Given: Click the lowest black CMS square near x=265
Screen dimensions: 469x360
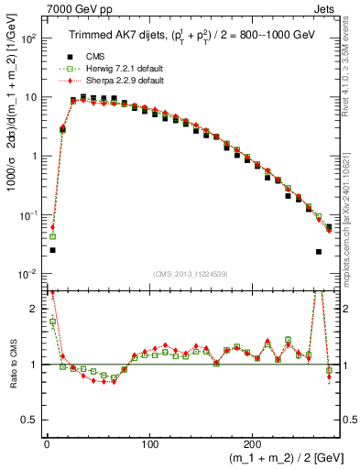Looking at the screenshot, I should pyautogui.click(x=318, y=252).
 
